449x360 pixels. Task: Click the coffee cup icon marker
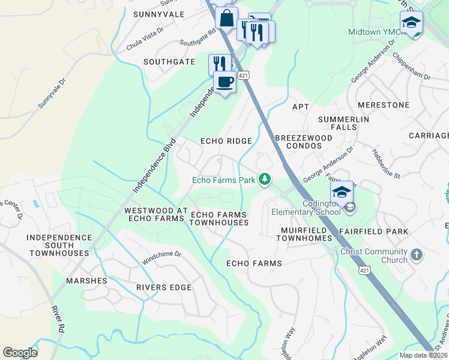[x=225, y=82]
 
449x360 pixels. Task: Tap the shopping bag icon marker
[x=226, y=18]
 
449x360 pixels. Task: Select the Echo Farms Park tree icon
[x=264, y=179]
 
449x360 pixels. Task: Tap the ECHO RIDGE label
[x=226, y=141]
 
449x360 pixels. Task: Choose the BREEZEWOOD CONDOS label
[x=303, y=142]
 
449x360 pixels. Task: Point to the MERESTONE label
[x=383, y=105]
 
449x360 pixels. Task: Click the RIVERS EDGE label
[x=163, y=287]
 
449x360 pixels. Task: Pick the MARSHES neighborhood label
[x=87, y=281]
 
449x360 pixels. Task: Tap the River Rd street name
[x=58, y=320]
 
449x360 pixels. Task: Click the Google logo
[x=20, y=352]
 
